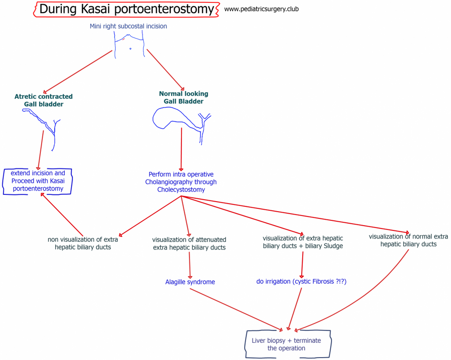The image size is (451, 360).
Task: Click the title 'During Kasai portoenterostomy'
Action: pyautogui.click(x=126, y=9)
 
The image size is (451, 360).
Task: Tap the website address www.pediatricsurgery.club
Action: pyautogui.click(x=261, y=9)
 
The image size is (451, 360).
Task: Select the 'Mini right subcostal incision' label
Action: pyautogui.click(x=128, y=26)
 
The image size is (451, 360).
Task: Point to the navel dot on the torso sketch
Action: pyautogui.click(x=131, y=48)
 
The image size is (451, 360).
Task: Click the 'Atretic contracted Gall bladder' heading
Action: pyautogui.click(x=44, y=100)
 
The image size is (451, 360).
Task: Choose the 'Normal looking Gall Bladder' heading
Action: pyautogui.click(x=183, y=97)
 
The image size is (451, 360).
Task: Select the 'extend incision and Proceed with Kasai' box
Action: pyautogui.click(x=38, y=181)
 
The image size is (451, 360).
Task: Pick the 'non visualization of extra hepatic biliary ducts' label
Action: pyautogui.click(x=83, y=243)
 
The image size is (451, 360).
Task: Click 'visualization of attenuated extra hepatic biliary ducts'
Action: pyautogui.click(x=189, y=243)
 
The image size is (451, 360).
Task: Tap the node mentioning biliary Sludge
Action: pyautogui.click(x=303, y=242)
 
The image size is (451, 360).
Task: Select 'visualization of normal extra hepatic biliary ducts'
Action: pyautogui.click(x=408, y=240)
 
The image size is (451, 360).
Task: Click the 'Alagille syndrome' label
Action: pyautogui.click(x=190, y=282)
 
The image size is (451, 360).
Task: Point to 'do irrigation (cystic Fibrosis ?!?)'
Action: pyautogui.click(x=301, y=281)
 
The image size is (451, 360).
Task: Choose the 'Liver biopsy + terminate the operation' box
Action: pyautogui.click(x=287, y=344)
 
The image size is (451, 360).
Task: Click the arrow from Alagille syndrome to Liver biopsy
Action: pyautogui.click(x=236, y=309)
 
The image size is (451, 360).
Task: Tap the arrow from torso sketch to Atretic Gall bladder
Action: pyautogui.click(x=77, y=72)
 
